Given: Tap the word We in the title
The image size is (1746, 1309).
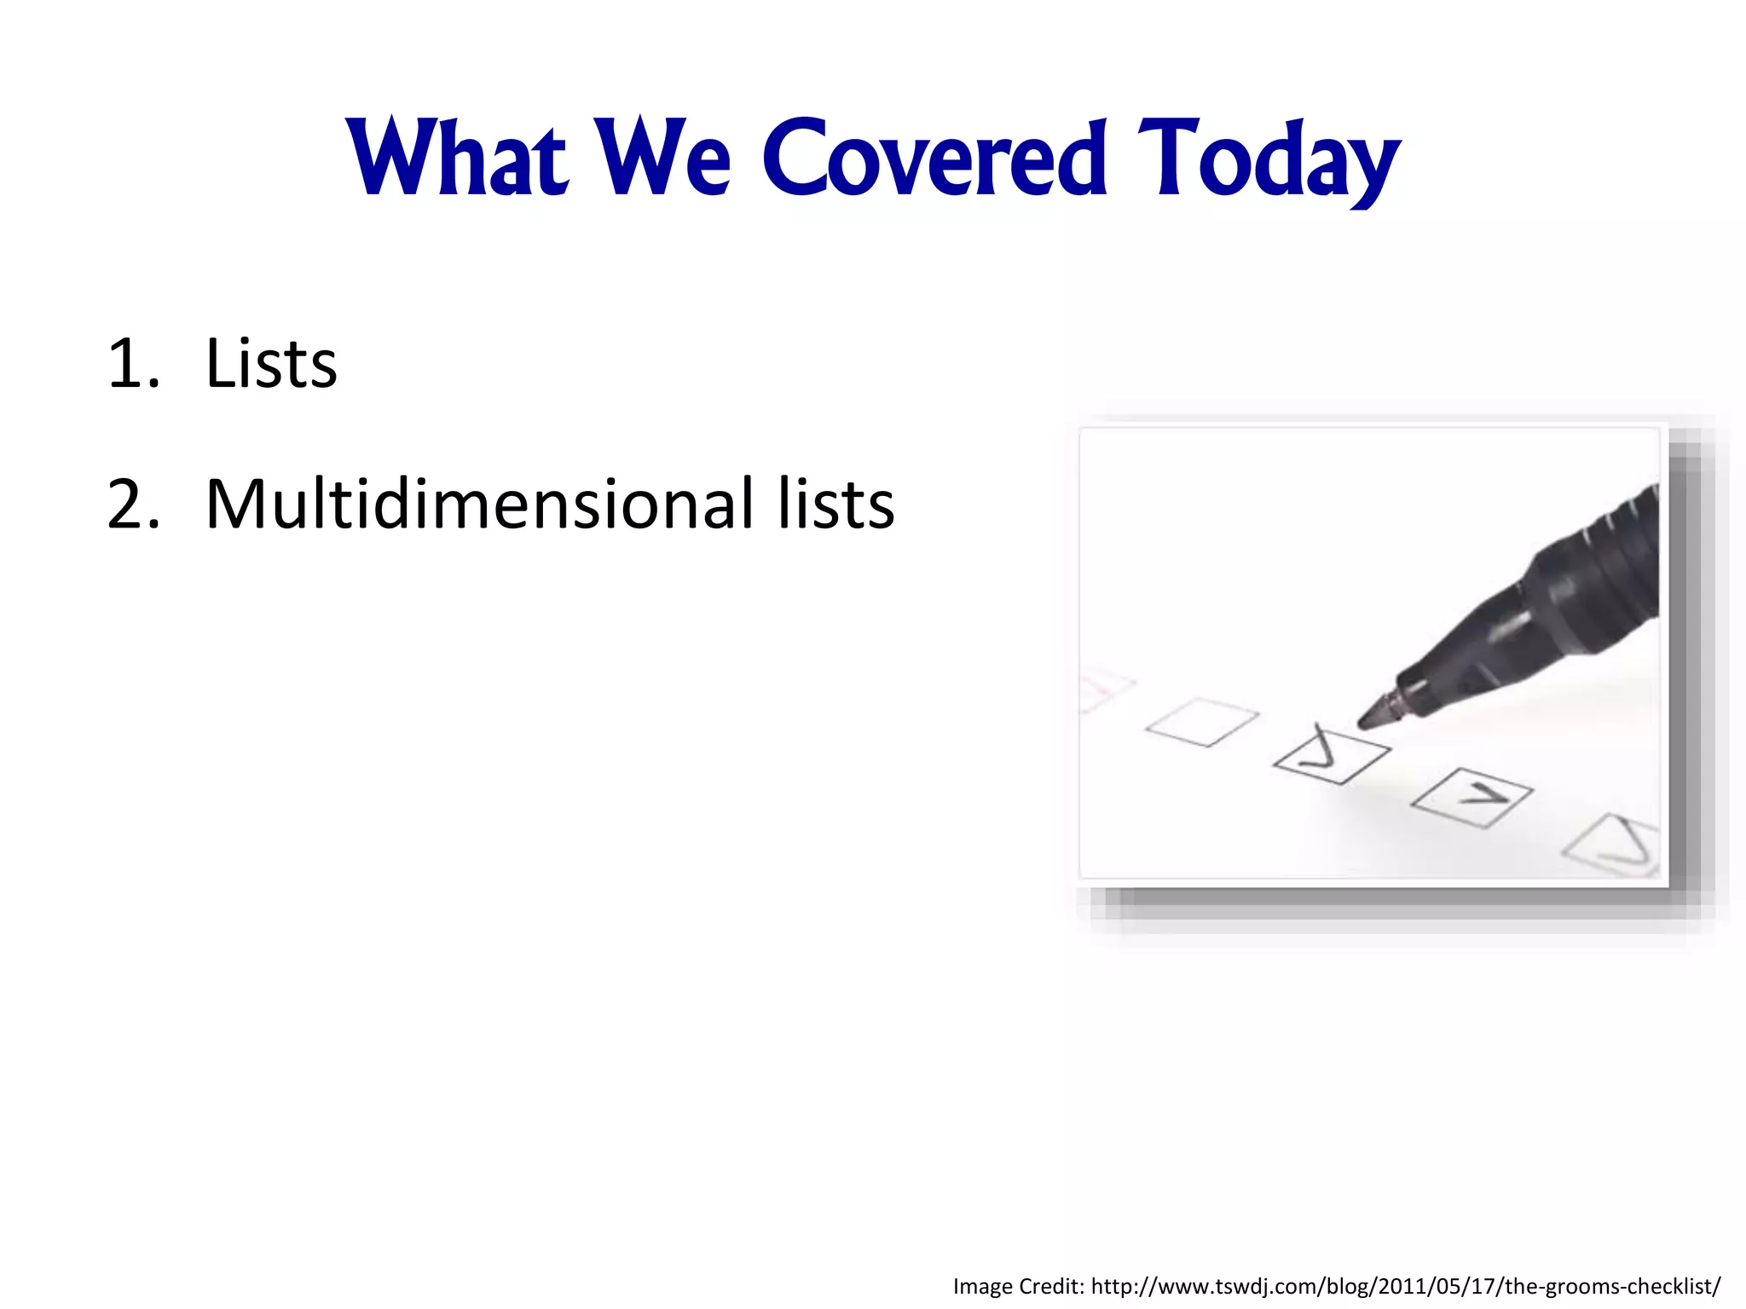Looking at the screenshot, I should pos(663,159).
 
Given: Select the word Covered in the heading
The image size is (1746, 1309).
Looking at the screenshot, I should pos(934,159).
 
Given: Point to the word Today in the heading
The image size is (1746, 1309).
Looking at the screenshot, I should pos(1268,162).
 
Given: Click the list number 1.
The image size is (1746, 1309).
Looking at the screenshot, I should pos(133,365).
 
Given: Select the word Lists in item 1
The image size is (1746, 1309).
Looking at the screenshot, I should pos(271,365).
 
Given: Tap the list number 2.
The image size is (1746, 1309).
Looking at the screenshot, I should pos(133,505).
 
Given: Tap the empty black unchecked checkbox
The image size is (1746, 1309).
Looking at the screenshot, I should pos(1202,722).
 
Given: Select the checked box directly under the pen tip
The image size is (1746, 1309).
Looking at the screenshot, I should pos(1331,755).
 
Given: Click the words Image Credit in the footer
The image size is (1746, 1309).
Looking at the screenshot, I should pos(1018,1286).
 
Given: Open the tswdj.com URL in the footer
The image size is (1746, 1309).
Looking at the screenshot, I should pos(1405,1286).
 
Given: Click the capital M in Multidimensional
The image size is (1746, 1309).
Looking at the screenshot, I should pos(235,505).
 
